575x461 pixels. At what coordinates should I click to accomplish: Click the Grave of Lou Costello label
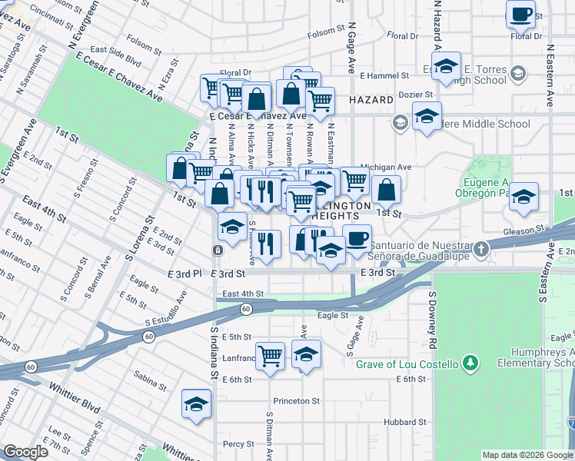[407, 363]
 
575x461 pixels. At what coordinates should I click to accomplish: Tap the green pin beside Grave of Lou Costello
[470, 363]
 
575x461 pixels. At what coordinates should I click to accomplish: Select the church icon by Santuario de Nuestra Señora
[480, 248]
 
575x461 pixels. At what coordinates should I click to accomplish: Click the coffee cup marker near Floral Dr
[520, 14]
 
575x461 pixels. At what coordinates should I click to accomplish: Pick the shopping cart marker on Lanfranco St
[270, 356]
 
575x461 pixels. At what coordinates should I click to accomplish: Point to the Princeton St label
[296, 401]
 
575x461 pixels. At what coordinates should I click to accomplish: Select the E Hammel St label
[384, 76]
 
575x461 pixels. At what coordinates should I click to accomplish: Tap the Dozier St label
[415, 95]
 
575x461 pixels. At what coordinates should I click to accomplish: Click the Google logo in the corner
[25, 452]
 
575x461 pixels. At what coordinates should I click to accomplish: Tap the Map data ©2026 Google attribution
[527, 455]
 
